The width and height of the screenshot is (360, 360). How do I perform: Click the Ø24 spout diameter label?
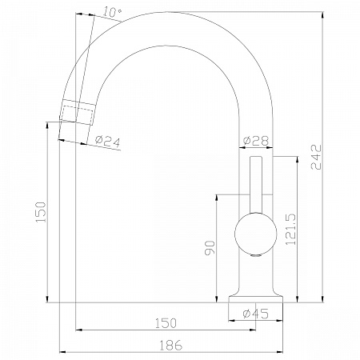point(108,141)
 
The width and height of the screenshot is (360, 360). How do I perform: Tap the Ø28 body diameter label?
point(256,140)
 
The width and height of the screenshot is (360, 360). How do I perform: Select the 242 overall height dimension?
point(317,157)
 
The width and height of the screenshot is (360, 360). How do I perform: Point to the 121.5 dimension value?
point(291,229)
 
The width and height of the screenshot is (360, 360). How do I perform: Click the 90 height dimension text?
point(210,248)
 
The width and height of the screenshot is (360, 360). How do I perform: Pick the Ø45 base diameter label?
point(256,314)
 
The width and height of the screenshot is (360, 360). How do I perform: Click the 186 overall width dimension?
point(171,346)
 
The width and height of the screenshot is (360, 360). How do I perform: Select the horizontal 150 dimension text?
point(166,323)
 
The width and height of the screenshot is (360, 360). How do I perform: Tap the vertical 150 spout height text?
point(41,212)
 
